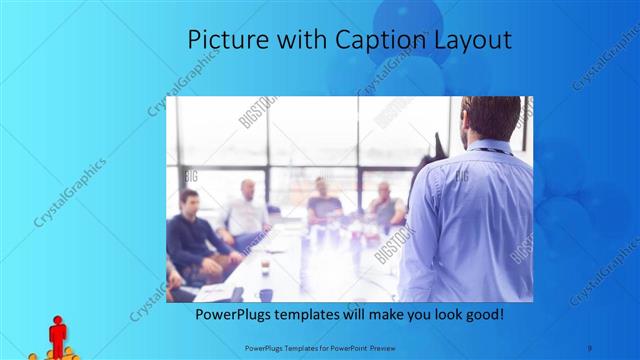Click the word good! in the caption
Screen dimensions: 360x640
pyautogui.click(x=480, y=314)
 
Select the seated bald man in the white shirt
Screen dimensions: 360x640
pyautogui.click(x=247, y=210)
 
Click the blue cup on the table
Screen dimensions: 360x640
pyautogui.click(x=266, y=293)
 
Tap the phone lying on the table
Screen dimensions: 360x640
pyautogui.click(x=237, y=293)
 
